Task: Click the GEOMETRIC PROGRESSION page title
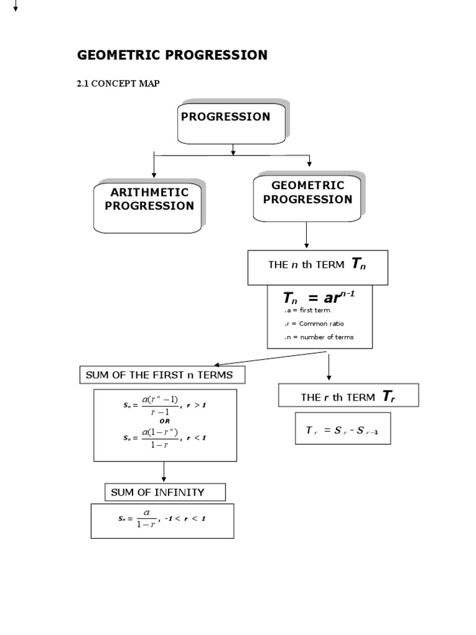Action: (x=172, y=55)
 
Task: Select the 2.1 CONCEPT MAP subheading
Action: (x=118, y=84)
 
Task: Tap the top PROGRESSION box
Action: (x=231, y=120)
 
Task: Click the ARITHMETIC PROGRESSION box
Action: (x=149, y=206)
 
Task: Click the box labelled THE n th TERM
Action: (x=317, y=267)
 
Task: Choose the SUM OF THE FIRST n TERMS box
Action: (x=162, y=375)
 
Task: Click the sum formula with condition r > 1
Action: (x=164, y=405)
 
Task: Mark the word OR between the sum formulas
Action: (x=164, y=420)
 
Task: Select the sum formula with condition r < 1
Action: (x=164, y=438)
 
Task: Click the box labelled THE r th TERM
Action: (x=348, y=396)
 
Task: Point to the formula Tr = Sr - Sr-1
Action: (x=342, y=430)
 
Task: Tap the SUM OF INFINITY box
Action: (x=165, y=492)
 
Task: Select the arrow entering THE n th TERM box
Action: (x=307, y=237)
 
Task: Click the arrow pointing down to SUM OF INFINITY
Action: (x=164, y=473)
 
